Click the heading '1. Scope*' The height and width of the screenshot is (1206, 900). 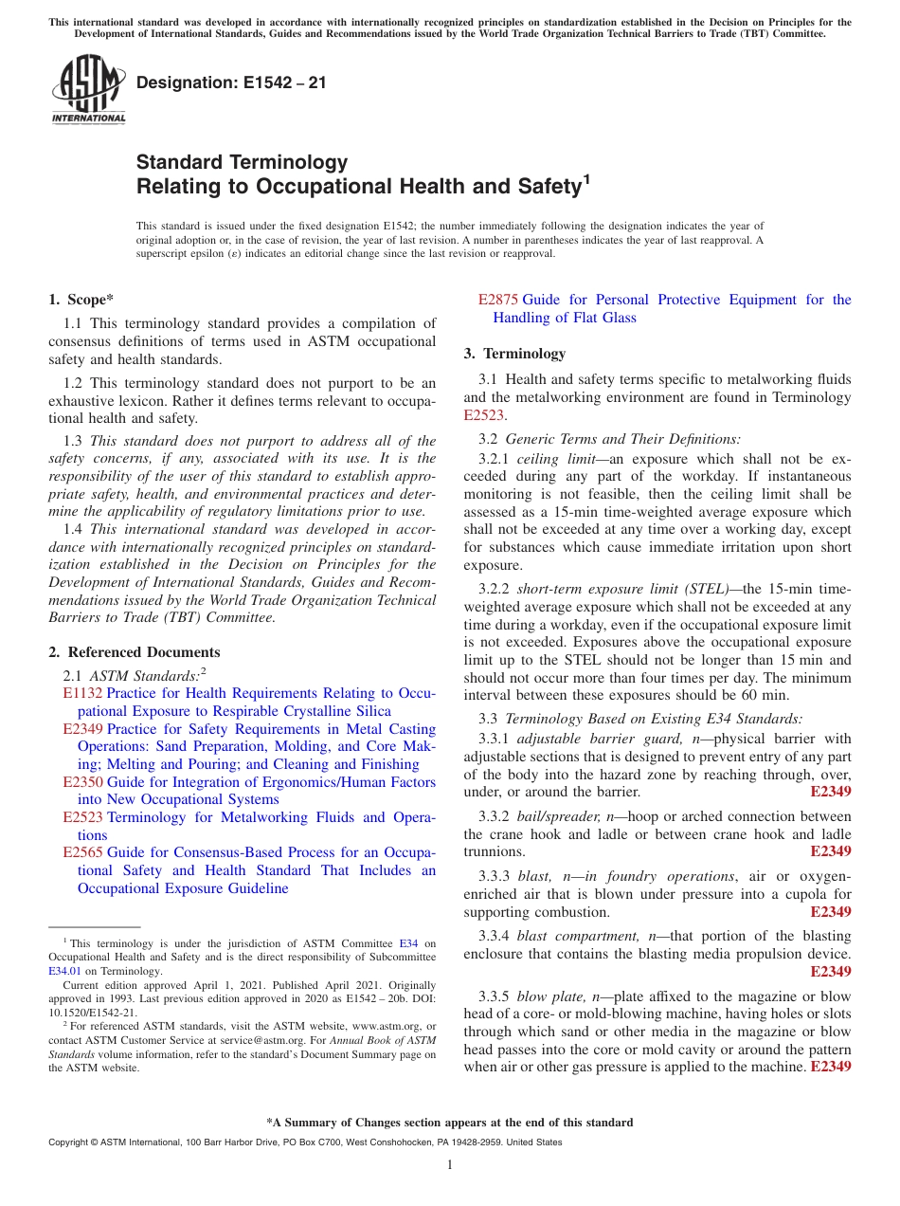click(x=81, y=300)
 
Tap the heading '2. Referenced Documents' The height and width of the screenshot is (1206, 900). click(x=135, y=652)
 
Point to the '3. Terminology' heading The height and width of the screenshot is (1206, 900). click(x=514, y=354)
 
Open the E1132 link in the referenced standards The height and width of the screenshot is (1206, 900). click(x=82, y=693)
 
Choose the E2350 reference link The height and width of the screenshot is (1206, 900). click(x=82, y=782)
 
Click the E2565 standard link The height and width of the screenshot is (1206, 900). click(x=82, y=852)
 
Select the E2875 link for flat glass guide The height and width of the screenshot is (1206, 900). click(x=497, y=300)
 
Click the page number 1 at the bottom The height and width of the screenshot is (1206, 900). click(x=450, y=1164)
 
